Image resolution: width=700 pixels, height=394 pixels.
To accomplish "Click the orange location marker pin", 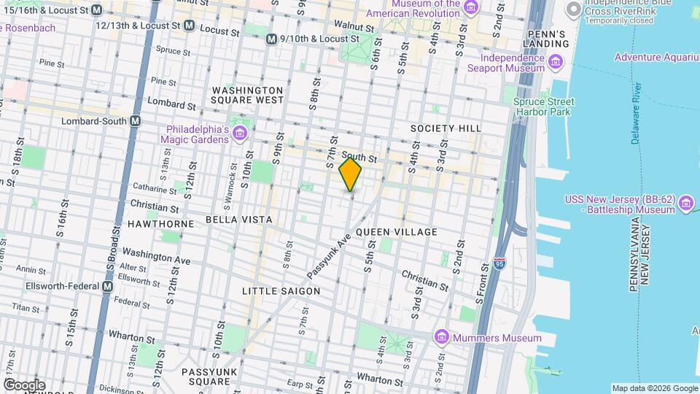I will point(351,174).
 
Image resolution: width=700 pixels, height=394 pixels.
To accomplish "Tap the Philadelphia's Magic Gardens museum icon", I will point(240,135).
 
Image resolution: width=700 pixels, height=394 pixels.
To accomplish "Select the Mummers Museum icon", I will point(440,338).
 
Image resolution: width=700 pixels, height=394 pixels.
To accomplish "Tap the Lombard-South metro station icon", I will point(135,121).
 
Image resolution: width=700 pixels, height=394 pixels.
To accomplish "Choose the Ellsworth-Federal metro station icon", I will point(107,287).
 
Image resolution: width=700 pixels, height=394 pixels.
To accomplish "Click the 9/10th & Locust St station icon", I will point(271,39).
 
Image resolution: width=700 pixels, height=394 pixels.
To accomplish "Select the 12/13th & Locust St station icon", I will point(189,26).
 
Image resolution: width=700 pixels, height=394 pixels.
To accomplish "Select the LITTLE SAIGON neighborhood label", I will point(281,291).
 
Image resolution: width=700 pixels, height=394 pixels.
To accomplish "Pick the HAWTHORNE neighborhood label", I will point(161,224).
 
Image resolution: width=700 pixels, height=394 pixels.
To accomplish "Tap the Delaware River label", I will point(637,113).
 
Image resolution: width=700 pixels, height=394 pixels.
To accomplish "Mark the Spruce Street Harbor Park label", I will point(543,107).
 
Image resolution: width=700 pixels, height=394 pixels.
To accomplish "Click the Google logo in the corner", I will point(24,385).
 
